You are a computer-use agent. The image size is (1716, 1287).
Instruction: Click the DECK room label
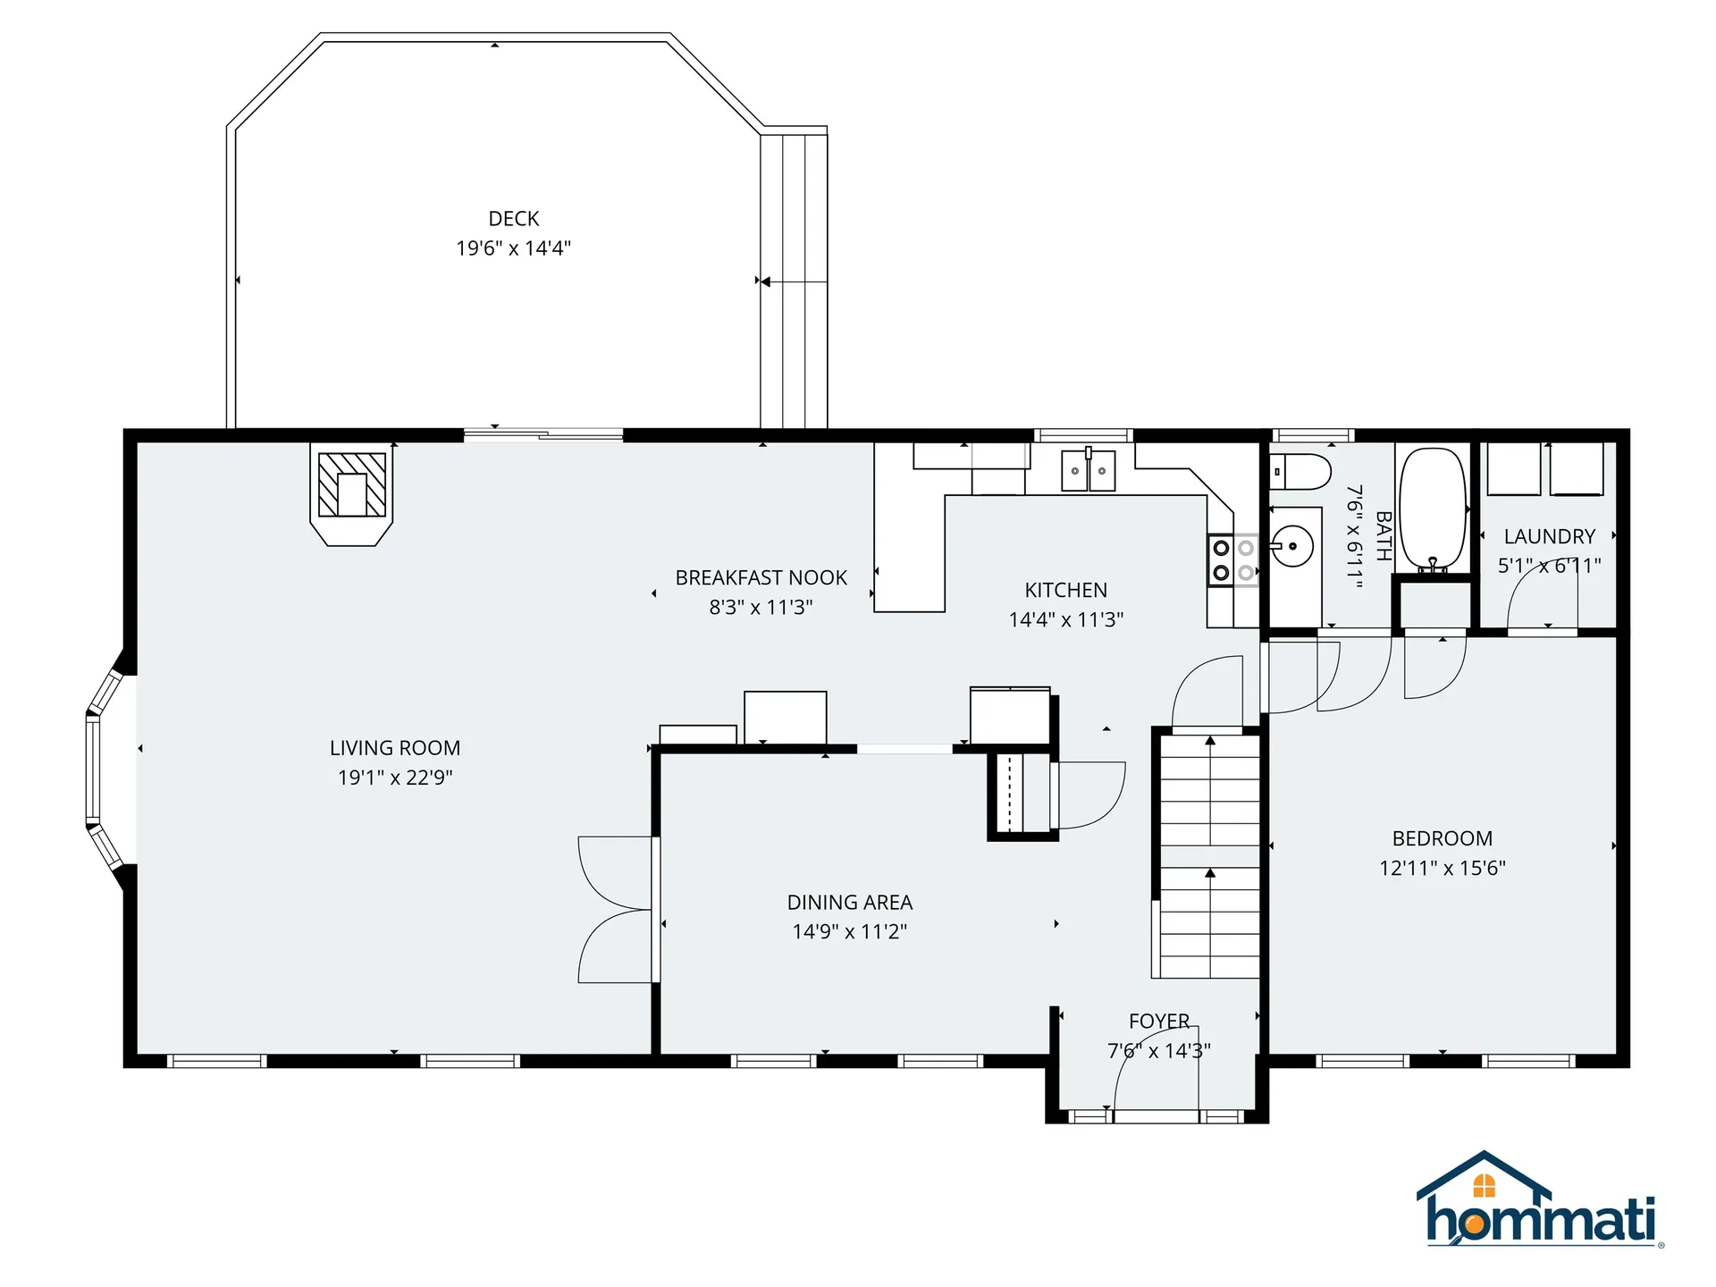pyautogui.click(x=513, y=219)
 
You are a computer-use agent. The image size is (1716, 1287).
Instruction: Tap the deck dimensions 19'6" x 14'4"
pyautogui.click(x=513, y=248)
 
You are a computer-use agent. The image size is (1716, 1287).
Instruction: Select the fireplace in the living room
pyautogui.click(x=352, y=492)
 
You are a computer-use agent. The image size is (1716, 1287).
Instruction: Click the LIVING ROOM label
pyautogui.click(x=395, y=748)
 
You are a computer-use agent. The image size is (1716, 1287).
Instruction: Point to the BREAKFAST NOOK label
pyautogui.click(x=761, y=578)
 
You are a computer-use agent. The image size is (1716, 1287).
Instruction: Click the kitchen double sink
pyautogui.click(x=1088, y=471)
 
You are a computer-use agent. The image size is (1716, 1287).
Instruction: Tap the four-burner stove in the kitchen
pyautogui.click(x=1233, y=560)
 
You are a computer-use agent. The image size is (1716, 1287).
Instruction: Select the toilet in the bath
pyautogui.click(x=1300, y=471)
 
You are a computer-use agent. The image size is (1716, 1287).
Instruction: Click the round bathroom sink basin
pyautogui.click(x=1292, y=546)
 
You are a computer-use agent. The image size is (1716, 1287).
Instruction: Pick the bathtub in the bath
pyautogui.click(x=1433, y=509)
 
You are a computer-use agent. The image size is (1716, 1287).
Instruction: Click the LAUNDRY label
pyautogui.click(x=1549, y=537)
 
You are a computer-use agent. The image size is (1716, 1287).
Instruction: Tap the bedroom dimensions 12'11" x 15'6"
pyautogui.click(x=1442, y=868)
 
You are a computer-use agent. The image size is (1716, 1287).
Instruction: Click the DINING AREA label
pyautogui.click(x=849, y=903)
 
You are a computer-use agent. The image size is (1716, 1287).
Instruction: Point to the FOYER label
pyautogui.click(x=1158, y=1022)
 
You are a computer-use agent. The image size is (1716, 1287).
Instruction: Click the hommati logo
pyautogui.click(x=1539, y=1203)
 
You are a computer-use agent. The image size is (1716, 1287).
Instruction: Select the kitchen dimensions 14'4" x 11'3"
pyautogui.click(x=1065, y=619)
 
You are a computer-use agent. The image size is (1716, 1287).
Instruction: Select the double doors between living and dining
pyautogui.click(x=617, y=910)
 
